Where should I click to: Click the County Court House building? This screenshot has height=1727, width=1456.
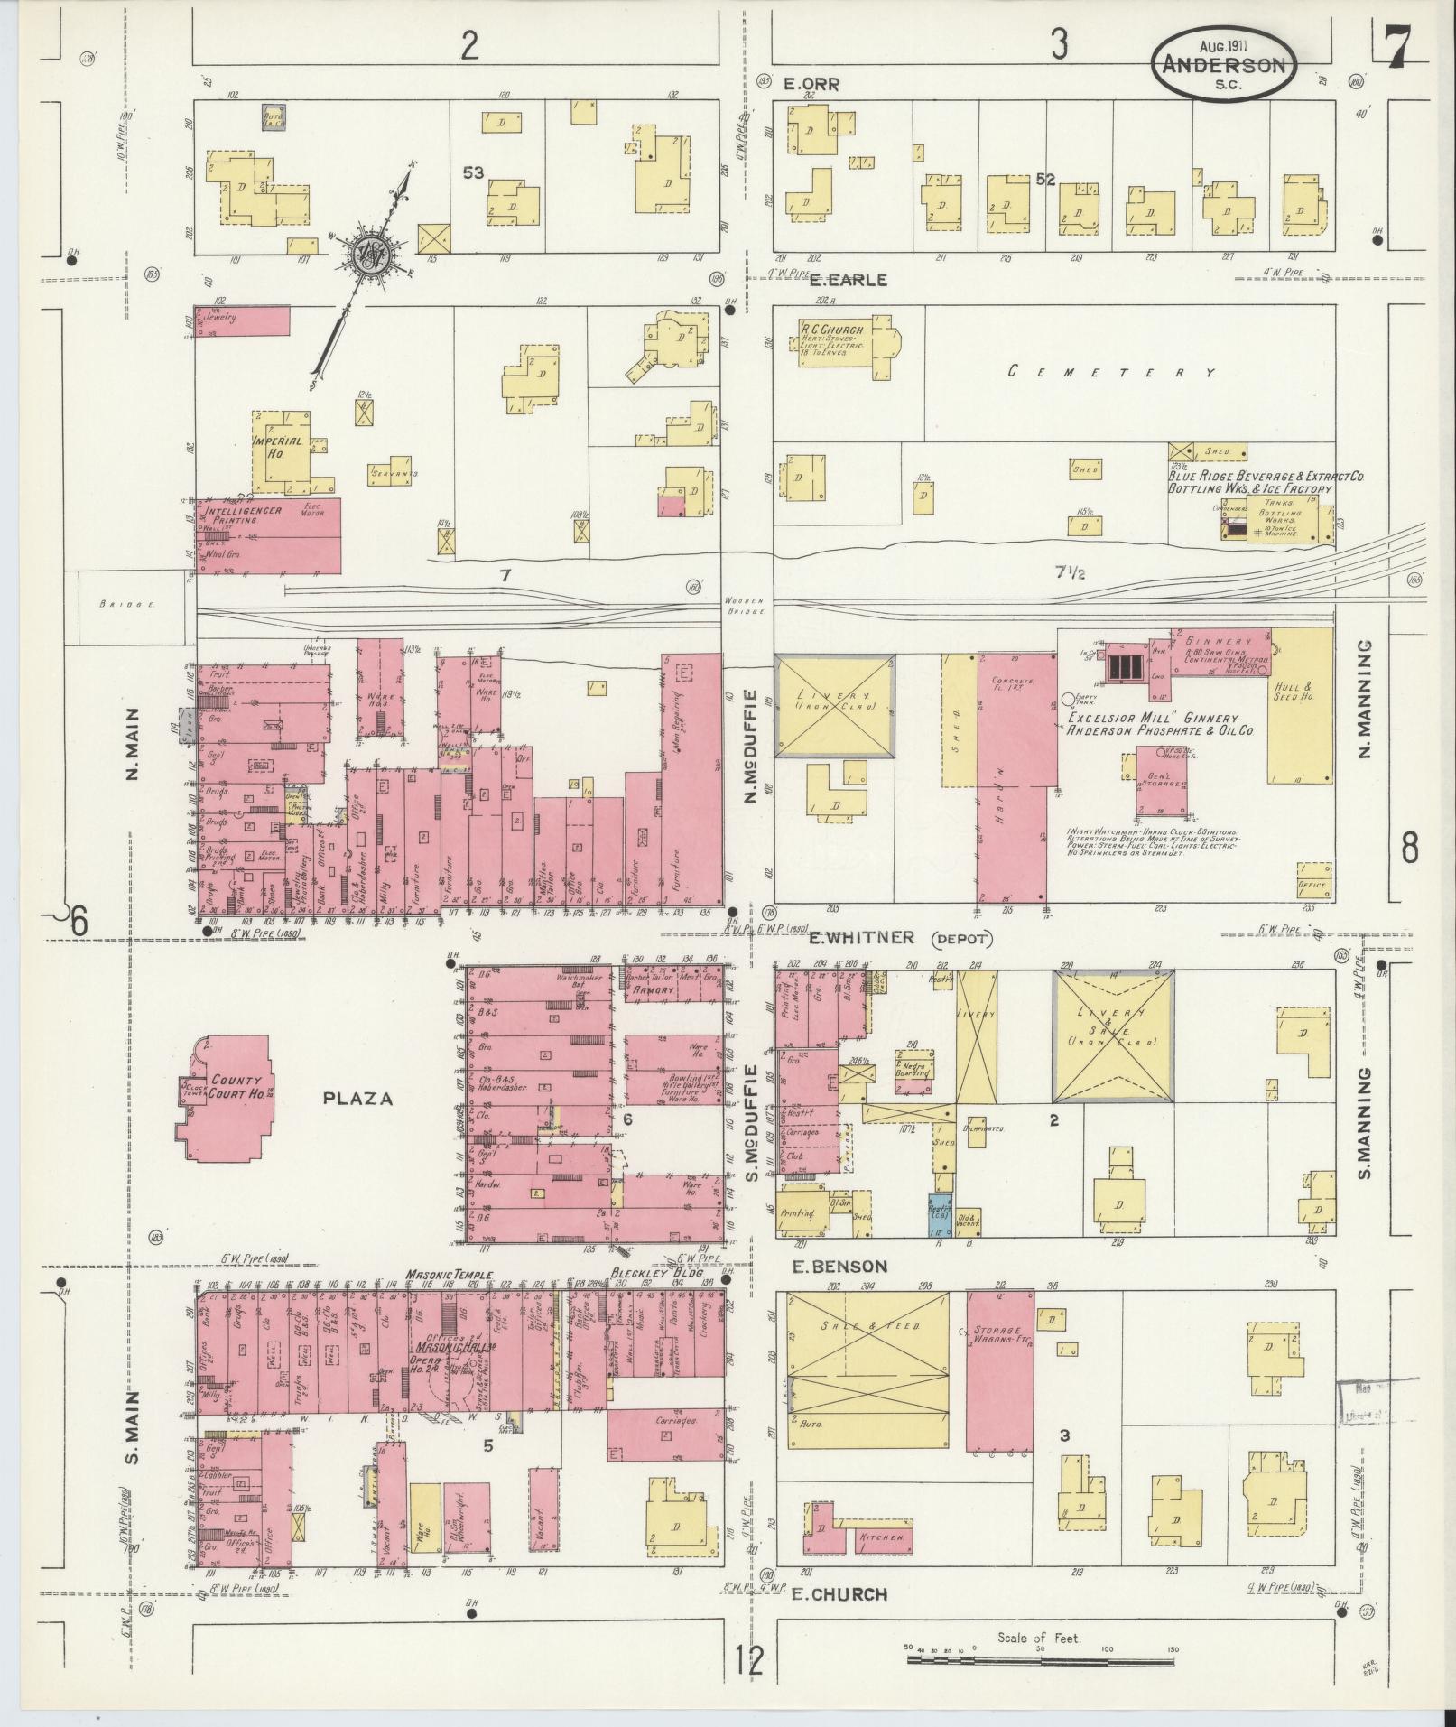coord(226,1093)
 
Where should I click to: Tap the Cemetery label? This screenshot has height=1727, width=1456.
coord(1110,372)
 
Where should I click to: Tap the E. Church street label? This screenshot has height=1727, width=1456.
coord(839,1594)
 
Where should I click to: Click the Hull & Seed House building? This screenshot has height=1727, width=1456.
coord(1299,704)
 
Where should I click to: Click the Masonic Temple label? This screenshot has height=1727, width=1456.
coord(450,1275)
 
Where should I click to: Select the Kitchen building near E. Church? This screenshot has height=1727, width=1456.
coord(880,1537)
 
